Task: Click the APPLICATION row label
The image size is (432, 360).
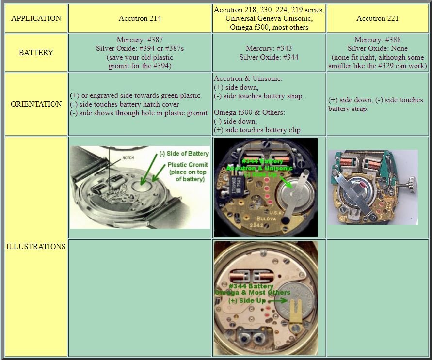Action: point(36,18)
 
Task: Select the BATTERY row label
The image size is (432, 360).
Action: point(36,53)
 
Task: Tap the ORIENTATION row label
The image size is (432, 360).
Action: point(36,104)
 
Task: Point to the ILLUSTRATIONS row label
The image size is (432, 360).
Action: point(36,246)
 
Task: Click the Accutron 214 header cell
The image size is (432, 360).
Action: point(140,18)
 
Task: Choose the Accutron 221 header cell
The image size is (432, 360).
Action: point(377,18)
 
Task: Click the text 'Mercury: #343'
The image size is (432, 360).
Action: point(269,48)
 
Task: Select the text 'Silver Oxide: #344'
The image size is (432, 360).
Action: point(269,57)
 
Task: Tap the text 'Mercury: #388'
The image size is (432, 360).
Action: point(377,40)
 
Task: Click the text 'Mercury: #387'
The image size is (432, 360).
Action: point(140,40)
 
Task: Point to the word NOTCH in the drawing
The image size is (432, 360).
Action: point(128,157)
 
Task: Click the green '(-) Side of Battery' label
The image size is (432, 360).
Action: point(184,154)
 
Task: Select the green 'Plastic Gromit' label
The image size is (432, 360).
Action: point(188,165)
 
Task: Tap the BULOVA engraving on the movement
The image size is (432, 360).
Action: point(272,219)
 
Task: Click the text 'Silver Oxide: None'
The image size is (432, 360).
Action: point(377,48)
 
